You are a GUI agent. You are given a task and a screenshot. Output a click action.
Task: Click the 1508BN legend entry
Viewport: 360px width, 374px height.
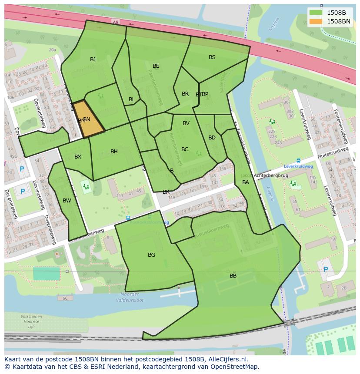tap(330, 21)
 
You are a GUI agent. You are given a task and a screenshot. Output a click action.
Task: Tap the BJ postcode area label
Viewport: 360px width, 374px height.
tap(93, 60)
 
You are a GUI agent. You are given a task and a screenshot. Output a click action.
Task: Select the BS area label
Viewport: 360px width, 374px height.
tap(212, 57)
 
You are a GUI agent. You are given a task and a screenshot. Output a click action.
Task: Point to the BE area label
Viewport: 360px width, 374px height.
tap(156, 66)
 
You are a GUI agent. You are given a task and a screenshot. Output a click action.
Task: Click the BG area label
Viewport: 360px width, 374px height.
tap(151, 255)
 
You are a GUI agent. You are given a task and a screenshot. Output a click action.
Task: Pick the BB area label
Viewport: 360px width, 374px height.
tap(233, 276)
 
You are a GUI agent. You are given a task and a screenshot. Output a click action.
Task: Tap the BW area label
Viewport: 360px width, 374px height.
tap(67, 201)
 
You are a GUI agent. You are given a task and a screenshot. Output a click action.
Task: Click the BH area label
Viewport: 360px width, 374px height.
tap(114, 152)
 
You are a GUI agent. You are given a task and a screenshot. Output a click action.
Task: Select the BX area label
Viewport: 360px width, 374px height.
tap(77, 157)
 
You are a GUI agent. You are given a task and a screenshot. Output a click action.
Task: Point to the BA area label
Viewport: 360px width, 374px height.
tap(246, 182)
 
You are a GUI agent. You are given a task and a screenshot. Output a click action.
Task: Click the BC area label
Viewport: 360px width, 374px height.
tap(185, 149)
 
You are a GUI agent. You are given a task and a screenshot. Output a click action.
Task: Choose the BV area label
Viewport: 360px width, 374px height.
tap(186, 123)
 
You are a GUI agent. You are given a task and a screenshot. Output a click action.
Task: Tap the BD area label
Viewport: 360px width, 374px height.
tap(212, 138)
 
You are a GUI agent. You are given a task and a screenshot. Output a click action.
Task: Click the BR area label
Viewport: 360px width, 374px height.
tap(185, 94)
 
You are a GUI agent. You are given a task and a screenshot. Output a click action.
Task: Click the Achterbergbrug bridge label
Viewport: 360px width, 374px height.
tap(271, 175)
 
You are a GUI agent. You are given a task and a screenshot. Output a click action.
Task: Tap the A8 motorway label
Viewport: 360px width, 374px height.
tap(115, 22)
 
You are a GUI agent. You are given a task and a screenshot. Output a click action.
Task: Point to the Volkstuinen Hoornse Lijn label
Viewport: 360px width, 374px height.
tap(31, 321)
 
